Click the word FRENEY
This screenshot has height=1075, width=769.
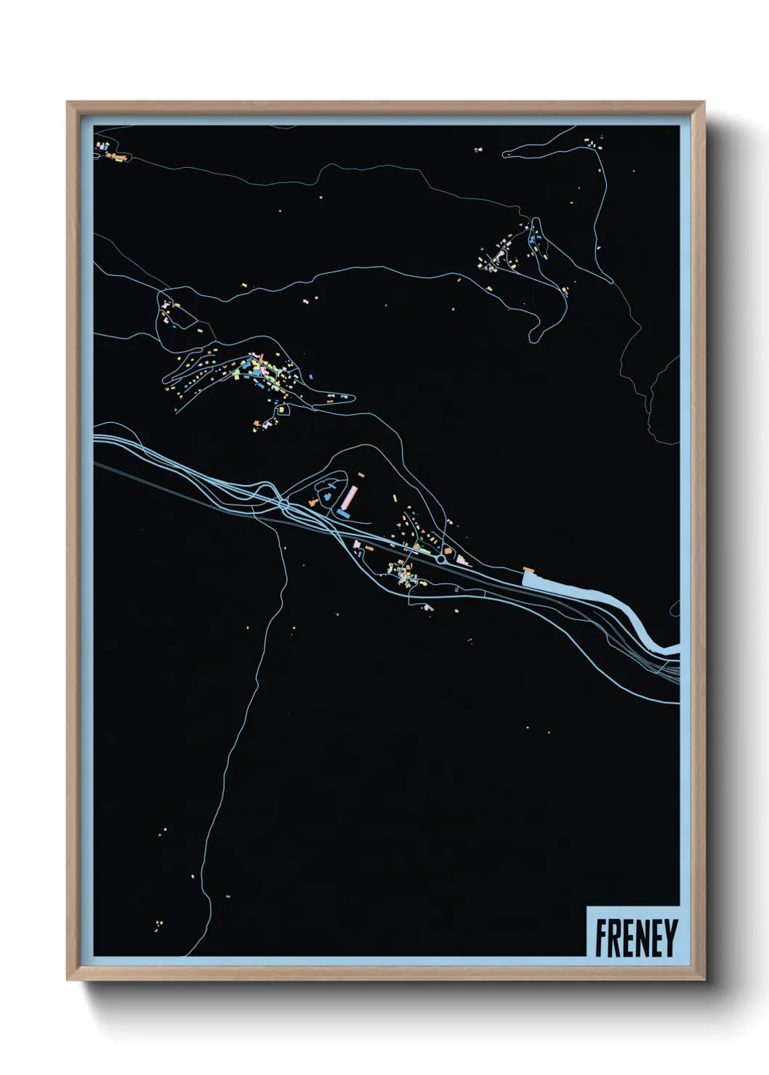click(x=636, y=938)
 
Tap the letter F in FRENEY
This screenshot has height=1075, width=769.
click(x=603, y=938)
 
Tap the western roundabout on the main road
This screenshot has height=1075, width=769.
click(x=284, y=503)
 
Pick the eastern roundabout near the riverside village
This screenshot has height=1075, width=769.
click(x=440, y=560)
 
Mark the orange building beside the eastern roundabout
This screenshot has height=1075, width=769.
click(x=448, y=552)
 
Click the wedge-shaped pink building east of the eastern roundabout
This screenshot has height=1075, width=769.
click(x=462, y=560)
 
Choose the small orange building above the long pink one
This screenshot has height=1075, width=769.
click(x=361, y=474)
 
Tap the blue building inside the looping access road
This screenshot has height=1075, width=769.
click(x=326, y=495)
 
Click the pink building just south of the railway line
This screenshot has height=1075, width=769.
click(x=357, y=543)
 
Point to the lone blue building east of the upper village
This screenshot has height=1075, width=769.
click(x=311, y=377)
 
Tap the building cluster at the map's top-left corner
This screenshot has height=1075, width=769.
click(x=108, y=150)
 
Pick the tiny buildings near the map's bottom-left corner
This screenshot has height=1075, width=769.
click(x=158, y=924)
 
